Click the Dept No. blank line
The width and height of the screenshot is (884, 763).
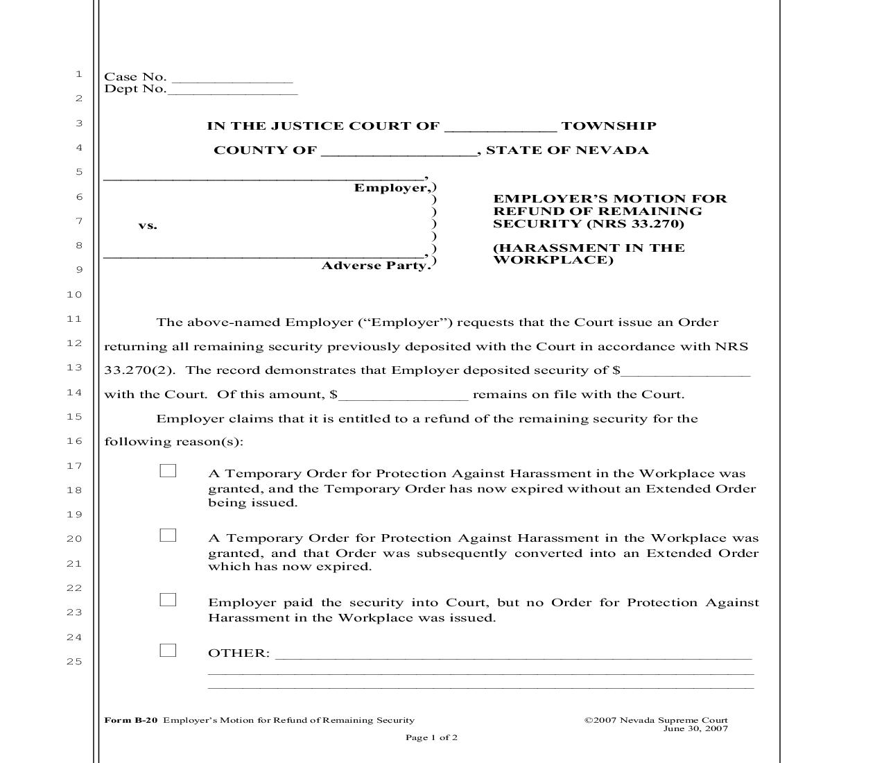[x=232, y=91]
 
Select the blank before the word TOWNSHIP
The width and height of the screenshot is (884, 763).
[x=500, y=128]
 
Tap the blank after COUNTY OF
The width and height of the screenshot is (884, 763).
[x=399, y=152]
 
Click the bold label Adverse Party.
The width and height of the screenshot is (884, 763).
[x=376, y=266]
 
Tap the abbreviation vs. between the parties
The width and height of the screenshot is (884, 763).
[x=148, y=225]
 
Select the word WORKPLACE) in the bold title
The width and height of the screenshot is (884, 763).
[x=553, y=260]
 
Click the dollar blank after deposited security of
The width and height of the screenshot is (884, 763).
[x=686, y=372]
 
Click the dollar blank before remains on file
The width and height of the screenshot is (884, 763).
[x=404, y=396]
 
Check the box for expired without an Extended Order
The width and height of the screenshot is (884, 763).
[x=168, y=471]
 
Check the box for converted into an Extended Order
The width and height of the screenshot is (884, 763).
[x=168, y=535]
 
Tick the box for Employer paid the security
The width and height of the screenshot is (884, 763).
[x=168, y=600]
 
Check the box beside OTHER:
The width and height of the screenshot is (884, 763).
[x=168, y=651]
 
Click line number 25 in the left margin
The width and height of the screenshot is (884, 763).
[x=74, y=662]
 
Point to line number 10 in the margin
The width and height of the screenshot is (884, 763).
[x=74, y=295]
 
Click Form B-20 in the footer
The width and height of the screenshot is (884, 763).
[x=131, y=720]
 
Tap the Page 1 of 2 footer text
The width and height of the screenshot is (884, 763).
[x=431, y=737]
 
